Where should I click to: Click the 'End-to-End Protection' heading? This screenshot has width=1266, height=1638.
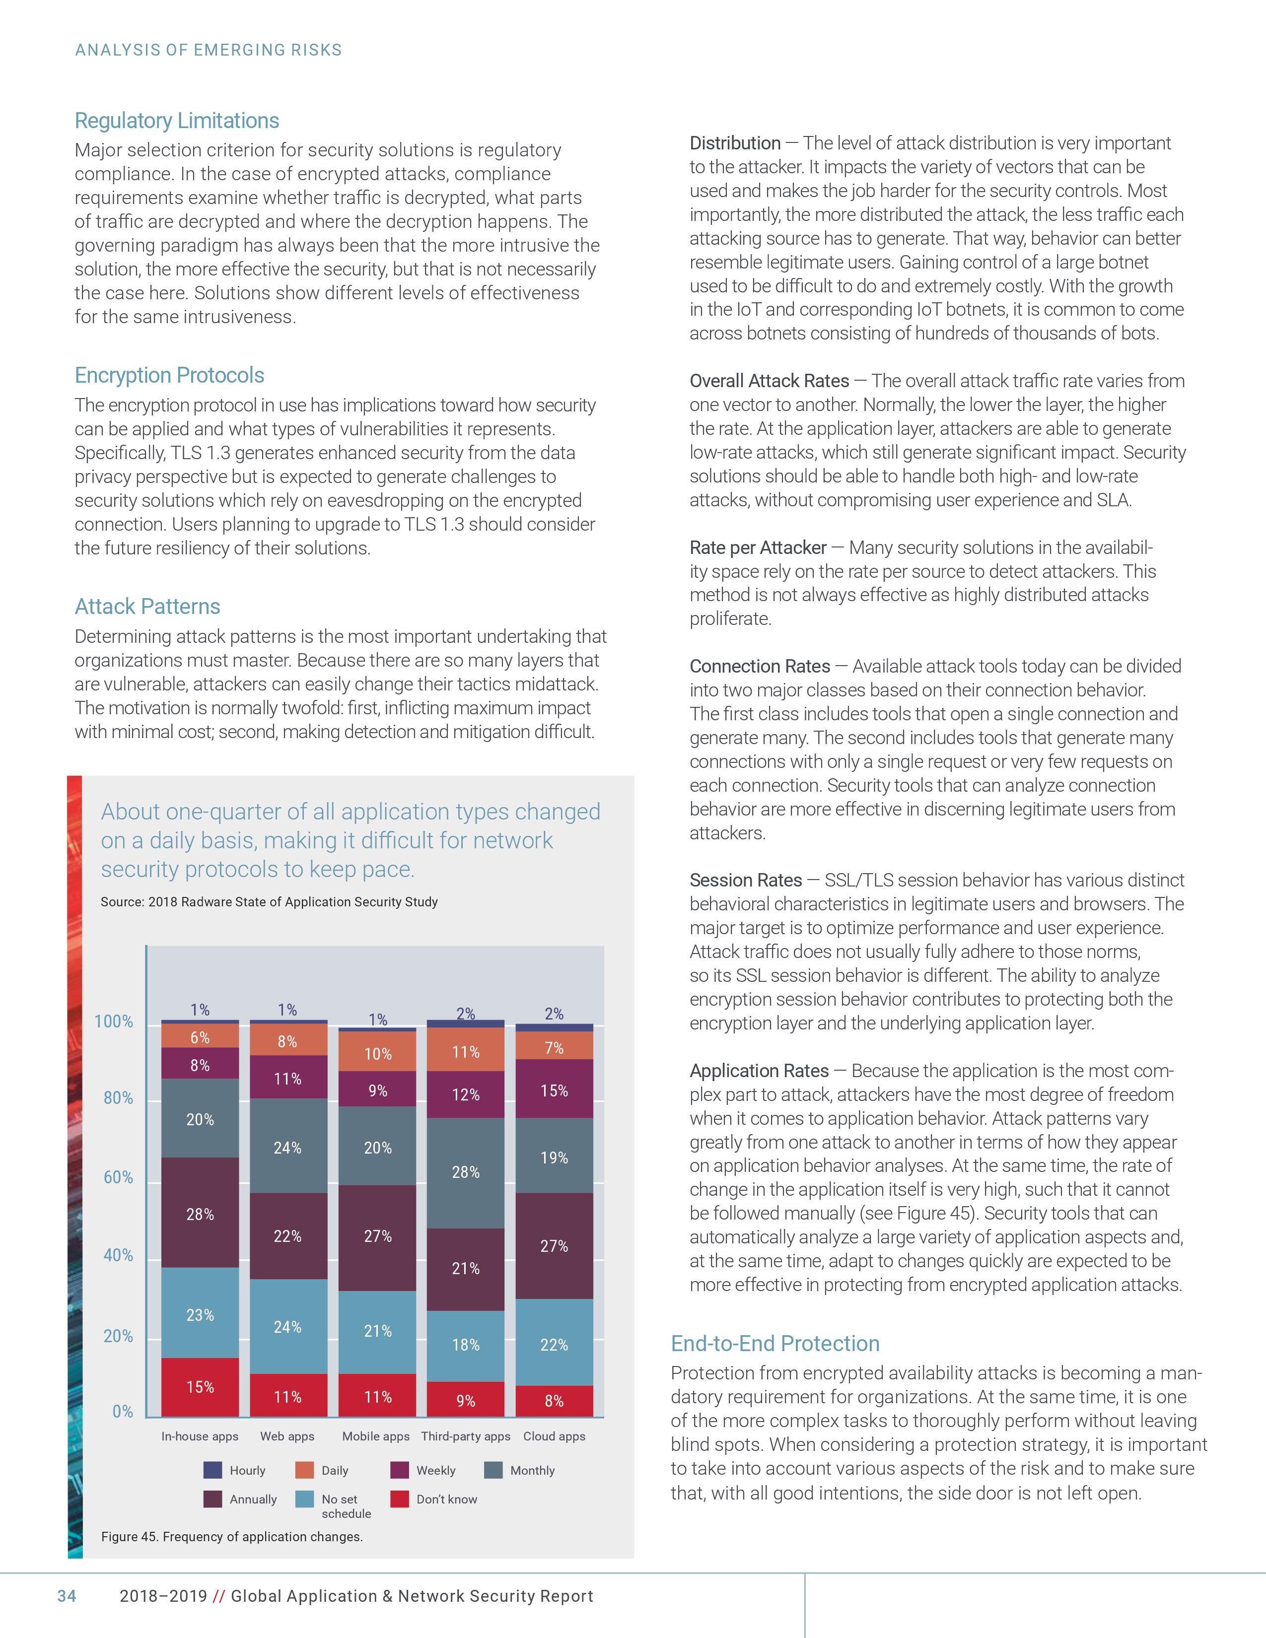pos(775,1343)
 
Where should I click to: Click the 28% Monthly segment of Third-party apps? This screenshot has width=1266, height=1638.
pos(466,1172)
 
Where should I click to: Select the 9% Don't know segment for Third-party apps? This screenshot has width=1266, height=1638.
pos(466,1400)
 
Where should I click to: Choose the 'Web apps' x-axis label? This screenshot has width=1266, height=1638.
pos(287,1436)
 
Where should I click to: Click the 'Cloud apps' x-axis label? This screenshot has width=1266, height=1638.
pos(554,1436)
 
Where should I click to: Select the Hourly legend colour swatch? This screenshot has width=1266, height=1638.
pos(213,1470)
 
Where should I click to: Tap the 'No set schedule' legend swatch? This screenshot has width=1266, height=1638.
pos(304,1499)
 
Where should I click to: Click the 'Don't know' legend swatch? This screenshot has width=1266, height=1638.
pos(400,1499)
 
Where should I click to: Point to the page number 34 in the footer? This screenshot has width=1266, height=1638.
pos(67,1596)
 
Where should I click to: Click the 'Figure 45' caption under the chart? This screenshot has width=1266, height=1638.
pos(232,1537)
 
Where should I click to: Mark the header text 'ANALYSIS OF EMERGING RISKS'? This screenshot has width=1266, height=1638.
pos(209,50)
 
